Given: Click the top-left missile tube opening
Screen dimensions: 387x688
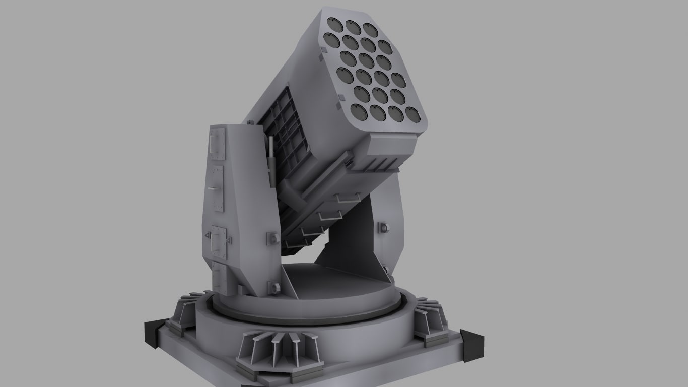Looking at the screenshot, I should tap(332, 23).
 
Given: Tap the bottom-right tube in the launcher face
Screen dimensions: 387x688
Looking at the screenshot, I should tap(412, 116).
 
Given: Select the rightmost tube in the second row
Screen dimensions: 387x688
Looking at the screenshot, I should tap(385, 48).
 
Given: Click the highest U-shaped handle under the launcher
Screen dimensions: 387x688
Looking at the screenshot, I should tap(347, 199).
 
